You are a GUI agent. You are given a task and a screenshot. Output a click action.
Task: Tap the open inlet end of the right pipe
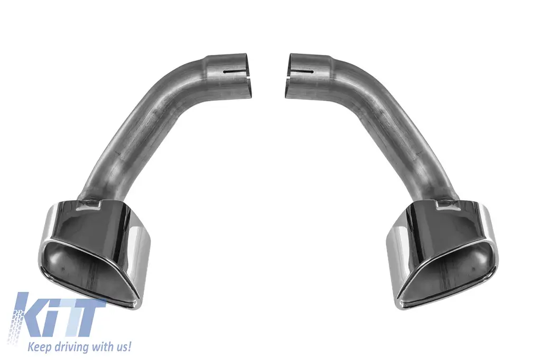click(288, 74)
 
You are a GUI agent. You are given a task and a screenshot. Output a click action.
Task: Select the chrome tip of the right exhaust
click(442, 252)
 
